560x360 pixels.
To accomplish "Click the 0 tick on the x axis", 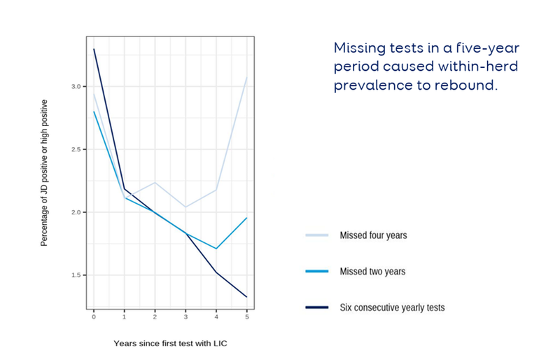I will (94, 317).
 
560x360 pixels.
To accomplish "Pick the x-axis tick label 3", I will (186, 317).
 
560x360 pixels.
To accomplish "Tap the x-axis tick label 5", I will (247, 317).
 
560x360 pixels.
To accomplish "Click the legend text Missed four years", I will (373, 235).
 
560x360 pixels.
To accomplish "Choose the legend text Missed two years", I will (372, 271).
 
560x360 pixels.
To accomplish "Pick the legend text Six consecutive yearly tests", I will (392, 307).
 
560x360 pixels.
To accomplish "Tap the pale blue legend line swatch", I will (317, 235).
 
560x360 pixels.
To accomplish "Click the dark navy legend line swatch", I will (317, 307).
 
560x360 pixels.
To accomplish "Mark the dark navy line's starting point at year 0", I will (94, 49).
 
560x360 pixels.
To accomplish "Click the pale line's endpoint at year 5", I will (247, 77).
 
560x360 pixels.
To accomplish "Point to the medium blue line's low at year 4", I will (217, 249).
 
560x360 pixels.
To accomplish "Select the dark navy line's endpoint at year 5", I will (247, 297).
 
